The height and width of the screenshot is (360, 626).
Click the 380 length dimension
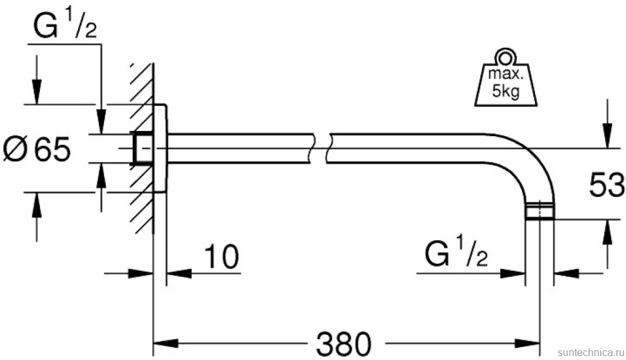pos(343,344)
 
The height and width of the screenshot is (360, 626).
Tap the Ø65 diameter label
pos(37,149)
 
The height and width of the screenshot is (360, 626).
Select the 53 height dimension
pos(607,185)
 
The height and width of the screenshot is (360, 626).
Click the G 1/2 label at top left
pos(65,25)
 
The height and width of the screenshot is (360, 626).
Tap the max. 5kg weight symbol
pos(505,79)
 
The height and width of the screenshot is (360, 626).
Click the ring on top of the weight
pos(505,57)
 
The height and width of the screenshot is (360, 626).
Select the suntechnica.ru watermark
pos(591,352)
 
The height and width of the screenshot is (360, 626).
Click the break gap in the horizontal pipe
pos(320,148)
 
